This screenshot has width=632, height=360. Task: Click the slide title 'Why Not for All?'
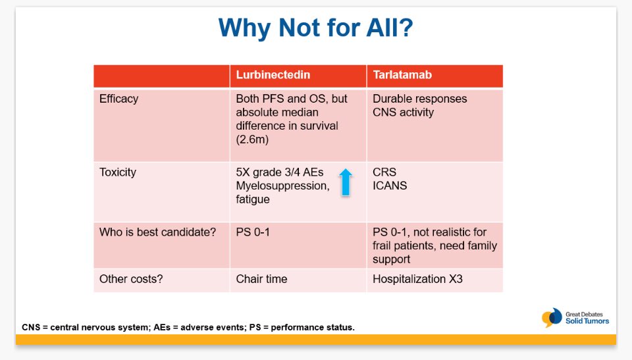click(315, 28)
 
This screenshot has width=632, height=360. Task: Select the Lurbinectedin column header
click(273, 75)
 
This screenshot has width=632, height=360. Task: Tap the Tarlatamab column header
click(402, 75)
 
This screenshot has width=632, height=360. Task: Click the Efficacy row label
click(119, 99)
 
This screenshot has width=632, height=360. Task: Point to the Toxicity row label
click(118, 172)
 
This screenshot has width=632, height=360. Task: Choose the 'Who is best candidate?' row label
click(157, 232)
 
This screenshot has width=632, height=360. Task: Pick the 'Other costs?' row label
click(131, 279)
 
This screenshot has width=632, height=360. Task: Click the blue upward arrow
click(346, 182)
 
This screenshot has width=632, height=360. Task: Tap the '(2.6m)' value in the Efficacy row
click(252, 140)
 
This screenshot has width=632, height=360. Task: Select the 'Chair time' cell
click(261, 279)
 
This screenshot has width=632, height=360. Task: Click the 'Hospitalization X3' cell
click(417, 279)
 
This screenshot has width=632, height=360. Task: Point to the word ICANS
click(390, 186)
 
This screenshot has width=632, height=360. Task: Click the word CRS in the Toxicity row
click(384, 172)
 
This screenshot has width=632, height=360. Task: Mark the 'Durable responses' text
click(419, 99)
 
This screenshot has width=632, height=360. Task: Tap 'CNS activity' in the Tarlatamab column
click(403, 113)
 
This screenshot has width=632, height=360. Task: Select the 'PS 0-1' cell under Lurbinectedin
click(253, 232)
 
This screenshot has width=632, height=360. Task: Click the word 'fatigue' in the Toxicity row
click(253, 199)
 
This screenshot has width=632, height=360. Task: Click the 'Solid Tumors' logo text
click(587, 321)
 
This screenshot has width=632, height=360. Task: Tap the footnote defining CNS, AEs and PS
click(188, 327)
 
